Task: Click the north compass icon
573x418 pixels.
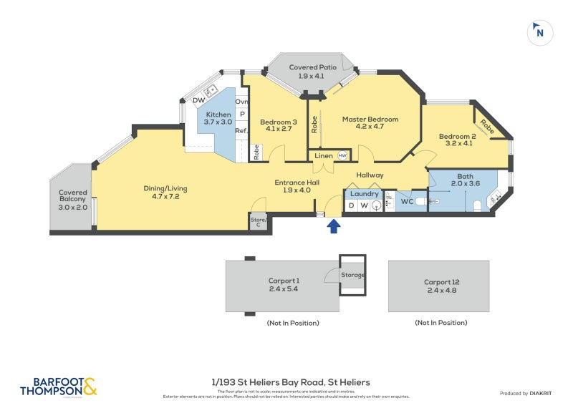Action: pyautogui.click(x=540, y=32)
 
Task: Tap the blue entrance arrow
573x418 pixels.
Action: pyautogui.click(x=333, y=227)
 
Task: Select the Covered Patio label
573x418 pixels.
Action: pyautogui.click(x=312, y=71)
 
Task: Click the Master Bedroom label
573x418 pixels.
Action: pyautogui.click(x=370, y=123)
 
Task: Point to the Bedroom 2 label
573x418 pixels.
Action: pyautogui.click(x=458, y=140)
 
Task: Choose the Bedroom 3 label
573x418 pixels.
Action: pyautogui.click(x=278, y=125)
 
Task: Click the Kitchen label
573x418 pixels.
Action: pyautogui.click(x=218, y=118)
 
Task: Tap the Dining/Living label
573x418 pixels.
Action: pyautogui.click(x=165, y=193)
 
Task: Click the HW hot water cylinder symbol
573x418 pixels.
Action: pyautogui.click(x=342, y=155)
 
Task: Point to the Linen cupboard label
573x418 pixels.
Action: pyautogui.click(x=322, y=155)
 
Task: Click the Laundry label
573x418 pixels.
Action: pyautogui.click(x=365, y=193)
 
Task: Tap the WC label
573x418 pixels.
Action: pyautogui.click(x=407, y=202)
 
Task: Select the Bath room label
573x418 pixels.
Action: pyautogui.click(x=465, y=180)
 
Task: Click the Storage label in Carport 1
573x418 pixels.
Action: pyautogui.click(x=352, y=275)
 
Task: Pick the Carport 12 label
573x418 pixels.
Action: pyautogui.click(x=438, y=286)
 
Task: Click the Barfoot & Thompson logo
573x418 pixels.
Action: pyautogui.click(x=58, y=387)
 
